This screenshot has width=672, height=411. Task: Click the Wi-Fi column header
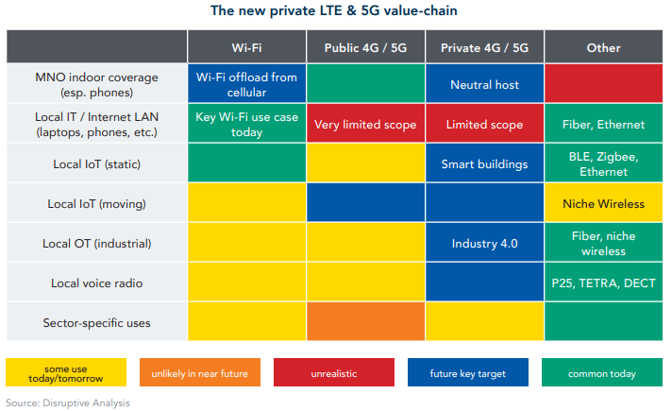pyautogui.click(x=247, y=46)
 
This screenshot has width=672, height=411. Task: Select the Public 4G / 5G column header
pyautogui.click(x=366, y=46)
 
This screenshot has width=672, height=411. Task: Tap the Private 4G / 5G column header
pyautogui.click(x=485, y=46)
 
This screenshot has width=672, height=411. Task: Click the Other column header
pyautogui.click(x=603, y=46)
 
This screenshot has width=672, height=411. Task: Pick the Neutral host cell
pyautogui.click(x=485, y=85)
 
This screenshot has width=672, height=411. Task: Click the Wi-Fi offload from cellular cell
pyautogui.click(x=247, y=85)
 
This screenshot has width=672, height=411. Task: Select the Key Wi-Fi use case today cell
pyautogui.click(x=247, y=125)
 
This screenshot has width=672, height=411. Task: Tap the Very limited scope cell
pyautogui.click(x=366, y=125)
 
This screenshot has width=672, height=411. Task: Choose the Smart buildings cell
pyautogui.click(x=485, y=164)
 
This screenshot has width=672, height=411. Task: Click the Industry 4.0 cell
pyautogui.click(x=485, y=244)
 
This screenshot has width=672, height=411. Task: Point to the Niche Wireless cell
pyautogui.click(x=603, y=204)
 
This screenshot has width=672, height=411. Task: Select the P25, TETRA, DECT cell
pyautogui.click(x=603, y=283)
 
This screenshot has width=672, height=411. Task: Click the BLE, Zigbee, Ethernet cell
pyautogui.click(x=603, y=164)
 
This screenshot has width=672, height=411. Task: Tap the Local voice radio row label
pyautogui.click(x=96, y=283)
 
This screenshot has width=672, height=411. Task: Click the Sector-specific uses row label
pyautogui.click(x=96, y=323)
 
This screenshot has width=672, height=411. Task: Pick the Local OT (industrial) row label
pyautogui.click(x=96, y=244)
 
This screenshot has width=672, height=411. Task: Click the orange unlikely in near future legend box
pyautogui.click(x=199, y=374)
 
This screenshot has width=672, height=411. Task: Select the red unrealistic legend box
pyautogui.click(x=334, y=374)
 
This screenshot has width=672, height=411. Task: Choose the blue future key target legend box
pyautogui.click(x=468, y=374)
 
